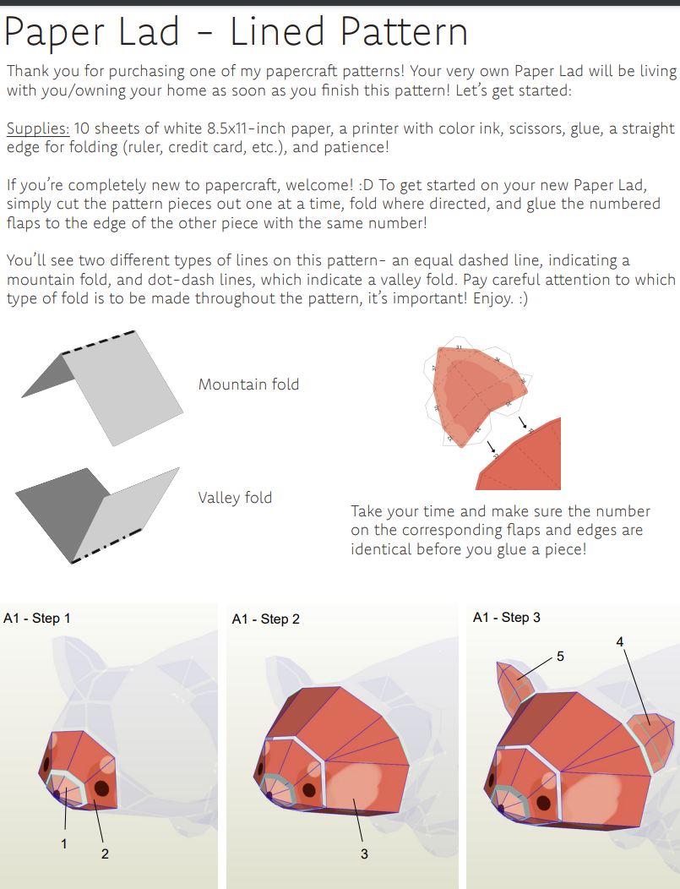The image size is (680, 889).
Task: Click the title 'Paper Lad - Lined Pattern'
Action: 237,32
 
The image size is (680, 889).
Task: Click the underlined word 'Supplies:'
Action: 38,128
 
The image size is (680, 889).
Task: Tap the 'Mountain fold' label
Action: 248,385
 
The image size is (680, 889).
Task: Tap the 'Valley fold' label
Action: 235,498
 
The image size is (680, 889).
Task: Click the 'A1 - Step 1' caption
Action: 37,618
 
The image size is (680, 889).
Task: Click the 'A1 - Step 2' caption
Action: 265,619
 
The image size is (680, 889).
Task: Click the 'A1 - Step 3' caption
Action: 507,618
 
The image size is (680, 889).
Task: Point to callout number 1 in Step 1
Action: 64,843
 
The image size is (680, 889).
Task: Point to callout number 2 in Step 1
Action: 105,854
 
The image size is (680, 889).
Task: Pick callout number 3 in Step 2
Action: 364,854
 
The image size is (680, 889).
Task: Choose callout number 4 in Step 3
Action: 620,642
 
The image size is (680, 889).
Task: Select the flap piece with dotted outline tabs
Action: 473,393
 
